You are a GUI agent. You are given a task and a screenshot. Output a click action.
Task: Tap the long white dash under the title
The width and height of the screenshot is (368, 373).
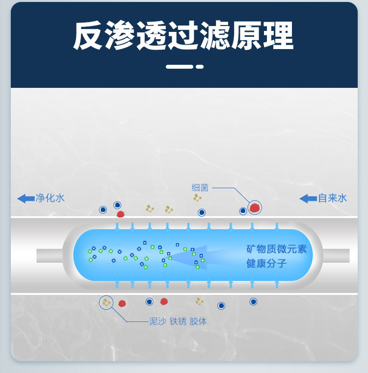click(179, 66)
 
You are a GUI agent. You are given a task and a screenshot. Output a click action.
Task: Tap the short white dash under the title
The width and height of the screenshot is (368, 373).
click(200, 66)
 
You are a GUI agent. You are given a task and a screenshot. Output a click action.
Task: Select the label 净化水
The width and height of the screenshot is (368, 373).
click(50, 198)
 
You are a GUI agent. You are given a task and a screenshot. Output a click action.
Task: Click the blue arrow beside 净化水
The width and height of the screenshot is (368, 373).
click(26, 198)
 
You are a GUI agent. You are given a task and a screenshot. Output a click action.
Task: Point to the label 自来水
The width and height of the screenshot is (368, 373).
click(332, 198)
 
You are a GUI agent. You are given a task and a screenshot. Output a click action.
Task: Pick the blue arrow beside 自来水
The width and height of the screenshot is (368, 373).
click(308, 198)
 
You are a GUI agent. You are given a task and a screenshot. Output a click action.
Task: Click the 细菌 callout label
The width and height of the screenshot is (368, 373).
click(200, 187)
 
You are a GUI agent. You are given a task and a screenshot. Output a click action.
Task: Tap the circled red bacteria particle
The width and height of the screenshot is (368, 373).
click(254, 208)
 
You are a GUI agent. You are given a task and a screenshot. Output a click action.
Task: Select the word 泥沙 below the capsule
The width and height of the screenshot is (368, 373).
click(157, 321)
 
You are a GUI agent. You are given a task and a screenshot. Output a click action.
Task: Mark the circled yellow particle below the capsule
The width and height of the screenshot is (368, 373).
click(105, 302)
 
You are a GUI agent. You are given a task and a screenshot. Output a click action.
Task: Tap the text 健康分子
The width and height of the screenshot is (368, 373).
click(266, 264)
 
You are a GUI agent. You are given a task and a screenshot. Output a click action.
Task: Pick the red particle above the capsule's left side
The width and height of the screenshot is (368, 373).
click(120, 214)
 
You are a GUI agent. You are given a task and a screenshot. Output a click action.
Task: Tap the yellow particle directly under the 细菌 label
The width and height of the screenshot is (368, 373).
click(197, 198)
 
